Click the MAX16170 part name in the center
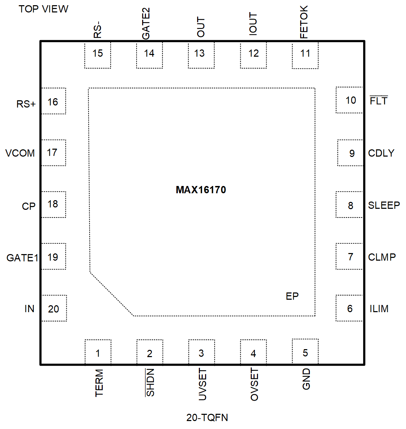coord(201,190)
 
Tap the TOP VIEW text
coord(43,9)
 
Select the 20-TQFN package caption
coord(207,418)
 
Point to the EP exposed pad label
coord(292,296)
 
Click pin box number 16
coord(53,101)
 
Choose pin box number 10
coord(350,100)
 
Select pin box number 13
coord(201,55)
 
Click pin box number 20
coord(54,308)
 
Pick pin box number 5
coord(305,352)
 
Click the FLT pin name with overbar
coord(378,101)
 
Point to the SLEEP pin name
coord(384,205)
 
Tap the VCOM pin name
coord(20,153)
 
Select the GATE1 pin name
coord(22,258)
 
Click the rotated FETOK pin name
coord(304,22)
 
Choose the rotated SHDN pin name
coord(150,382)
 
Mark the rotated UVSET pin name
coord(203,384)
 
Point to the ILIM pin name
coord(379,309)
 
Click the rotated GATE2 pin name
coord(146,24)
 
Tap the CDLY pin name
coord(381,153)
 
